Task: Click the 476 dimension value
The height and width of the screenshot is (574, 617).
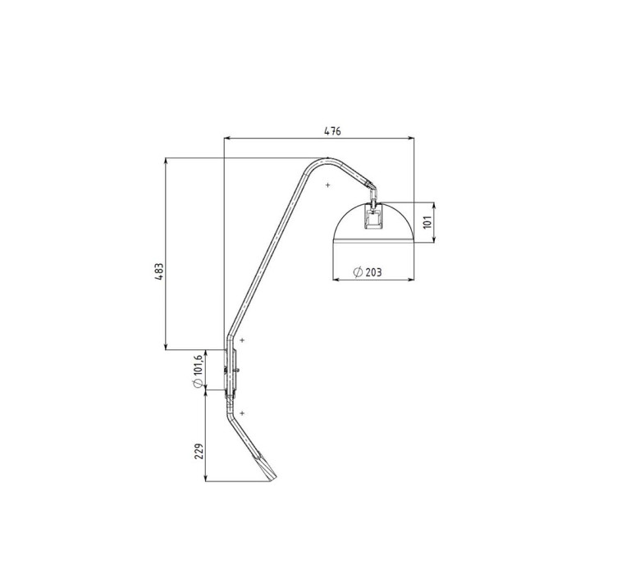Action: tap(332, 131)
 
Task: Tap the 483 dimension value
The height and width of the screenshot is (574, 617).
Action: tap(159, 271)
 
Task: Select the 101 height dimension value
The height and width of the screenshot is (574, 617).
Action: tap(428, 221)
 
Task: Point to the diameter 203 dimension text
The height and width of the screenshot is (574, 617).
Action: tap(368, 272)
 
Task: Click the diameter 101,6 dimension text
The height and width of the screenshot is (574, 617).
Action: tap(198, 371)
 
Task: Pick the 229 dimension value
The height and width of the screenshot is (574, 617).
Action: tap(199, 451)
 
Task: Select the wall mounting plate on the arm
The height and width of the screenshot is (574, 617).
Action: tap(231, 371)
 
